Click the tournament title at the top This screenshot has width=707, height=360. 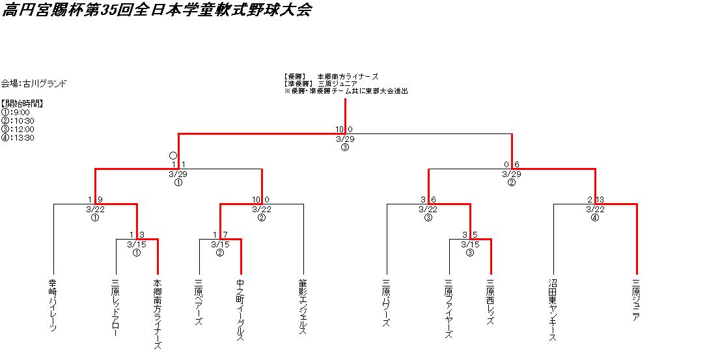point(156,10)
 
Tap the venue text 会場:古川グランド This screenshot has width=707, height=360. point(34,83)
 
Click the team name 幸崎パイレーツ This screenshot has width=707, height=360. point(53,305)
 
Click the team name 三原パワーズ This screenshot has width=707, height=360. point(386,303)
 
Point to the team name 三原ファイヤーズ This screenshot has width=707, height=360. point(449,309)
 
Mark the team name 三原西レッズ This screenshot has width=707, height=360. point(490,303)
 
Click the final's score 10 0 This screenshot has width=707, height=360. point(344,130)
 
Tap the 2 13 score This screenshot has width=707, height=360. point(594,200)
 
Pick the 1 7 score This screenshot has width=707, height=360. point(219,235)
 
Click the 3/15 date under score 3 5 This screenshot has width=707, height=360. point(469,244)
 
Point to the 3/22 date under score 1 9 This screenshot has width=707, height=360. point(95,209)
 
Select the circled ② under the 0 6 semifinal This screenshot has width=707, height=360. point(512,183)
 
